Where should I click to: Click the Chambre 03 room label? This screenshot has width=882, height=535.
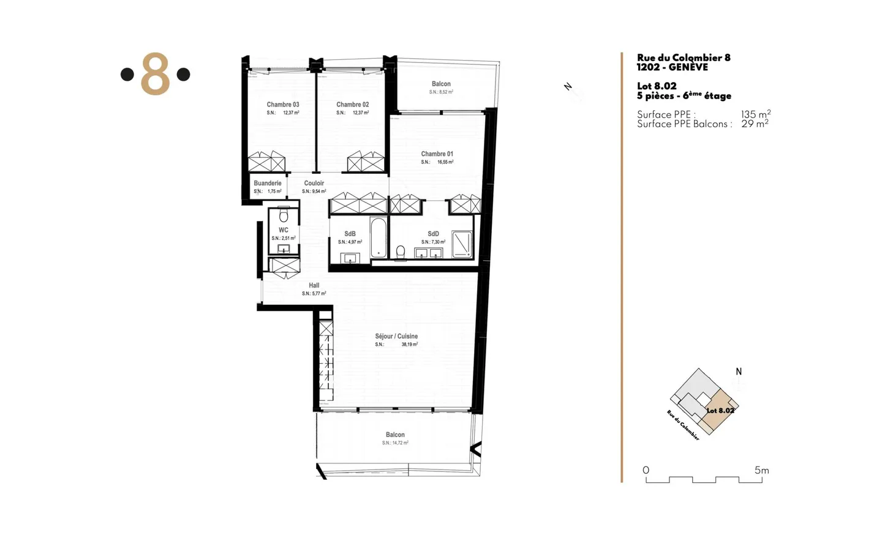(x=282, y=105)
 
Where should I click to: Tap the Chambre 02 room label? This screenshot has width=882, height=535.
(x=352, y=105)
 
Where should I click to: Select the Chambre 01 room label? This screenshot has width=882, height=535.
(x=437, y=154)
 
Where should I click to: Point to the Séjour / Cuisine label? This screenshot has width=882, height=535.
(x=396, y=336)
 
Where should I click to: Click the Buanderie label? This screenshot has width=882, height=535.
(x=268, y=183)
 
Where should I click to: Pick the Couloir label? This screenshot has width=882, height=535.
(x=314, y=183)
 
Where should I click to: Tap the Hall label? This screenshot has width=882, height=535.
(x=314, y=285)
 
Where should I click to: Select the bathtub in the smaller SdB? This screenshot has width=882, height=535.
(x=379, y=237)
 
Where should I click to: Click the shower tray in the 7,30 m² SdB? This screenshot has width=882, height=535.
(x=462, y=244)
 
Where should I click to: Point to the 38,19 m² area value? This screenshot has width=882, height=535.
(x=409, y=345)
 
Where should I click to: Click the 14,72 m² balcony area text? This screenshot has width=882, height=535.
(x=395, y=443)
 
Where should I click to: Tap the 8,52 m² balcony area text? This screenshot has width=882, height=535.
(x=441, y=92)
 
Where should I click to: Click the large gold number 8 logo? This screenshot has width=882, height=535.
(x=155, y=74)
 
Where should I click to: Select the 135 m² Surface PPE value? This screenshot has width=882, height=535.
(x=755, y=114)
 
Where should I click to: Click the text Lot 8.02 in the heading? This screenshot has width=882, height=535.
(x=657, y=86)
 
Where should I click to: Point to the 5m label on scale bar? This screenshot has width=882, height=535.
(x=761, y=470)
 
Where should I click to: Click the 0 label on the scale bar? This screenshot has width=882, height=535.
(x=646, y=470)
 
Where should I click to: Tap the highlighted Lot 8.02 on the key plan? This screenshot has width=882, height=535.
(x=719, y=410)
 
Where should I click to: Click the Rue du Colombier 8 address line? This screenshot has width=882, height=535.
(x=683, y=58)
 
